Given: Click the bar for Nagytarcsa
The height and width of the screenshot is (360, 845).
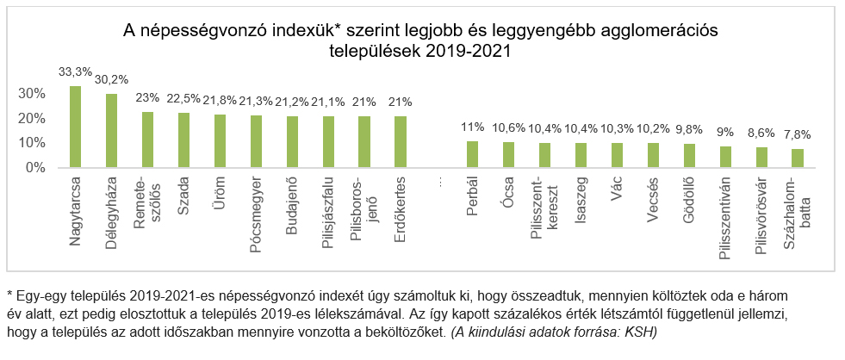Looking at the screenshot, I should click(75, 127).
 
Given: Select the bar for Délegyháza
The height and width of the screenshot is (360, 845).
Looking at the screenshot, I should click(111, 130).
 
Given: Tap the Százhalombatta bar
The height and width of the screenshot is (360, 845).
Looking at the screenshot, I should click(797, 158).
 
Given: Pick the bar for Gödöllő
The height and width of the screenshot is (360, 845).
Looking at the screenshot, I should click(688, 156).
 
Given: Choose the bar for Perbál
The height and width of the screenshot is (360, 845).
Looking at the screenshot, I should click(472, 154).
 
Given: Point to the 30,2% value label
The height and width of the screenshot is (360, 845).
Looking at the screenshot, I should click(111, 79).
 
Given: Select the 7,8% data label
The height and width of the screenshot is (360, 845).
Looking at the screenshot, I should click(797, 135).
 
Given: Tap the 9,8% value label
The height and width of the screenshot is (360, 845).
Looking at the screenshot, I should click(688, 130).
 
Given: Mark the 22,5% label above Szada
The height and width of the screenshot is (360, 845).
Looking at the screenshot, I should click(183, 99).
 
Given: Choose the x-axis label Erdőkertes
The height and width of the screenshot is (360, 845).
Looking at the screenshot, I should click(400, 214).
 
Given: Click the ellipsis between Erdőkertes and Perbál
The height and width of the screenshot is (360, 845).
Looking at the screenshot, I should click(441, 183).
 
